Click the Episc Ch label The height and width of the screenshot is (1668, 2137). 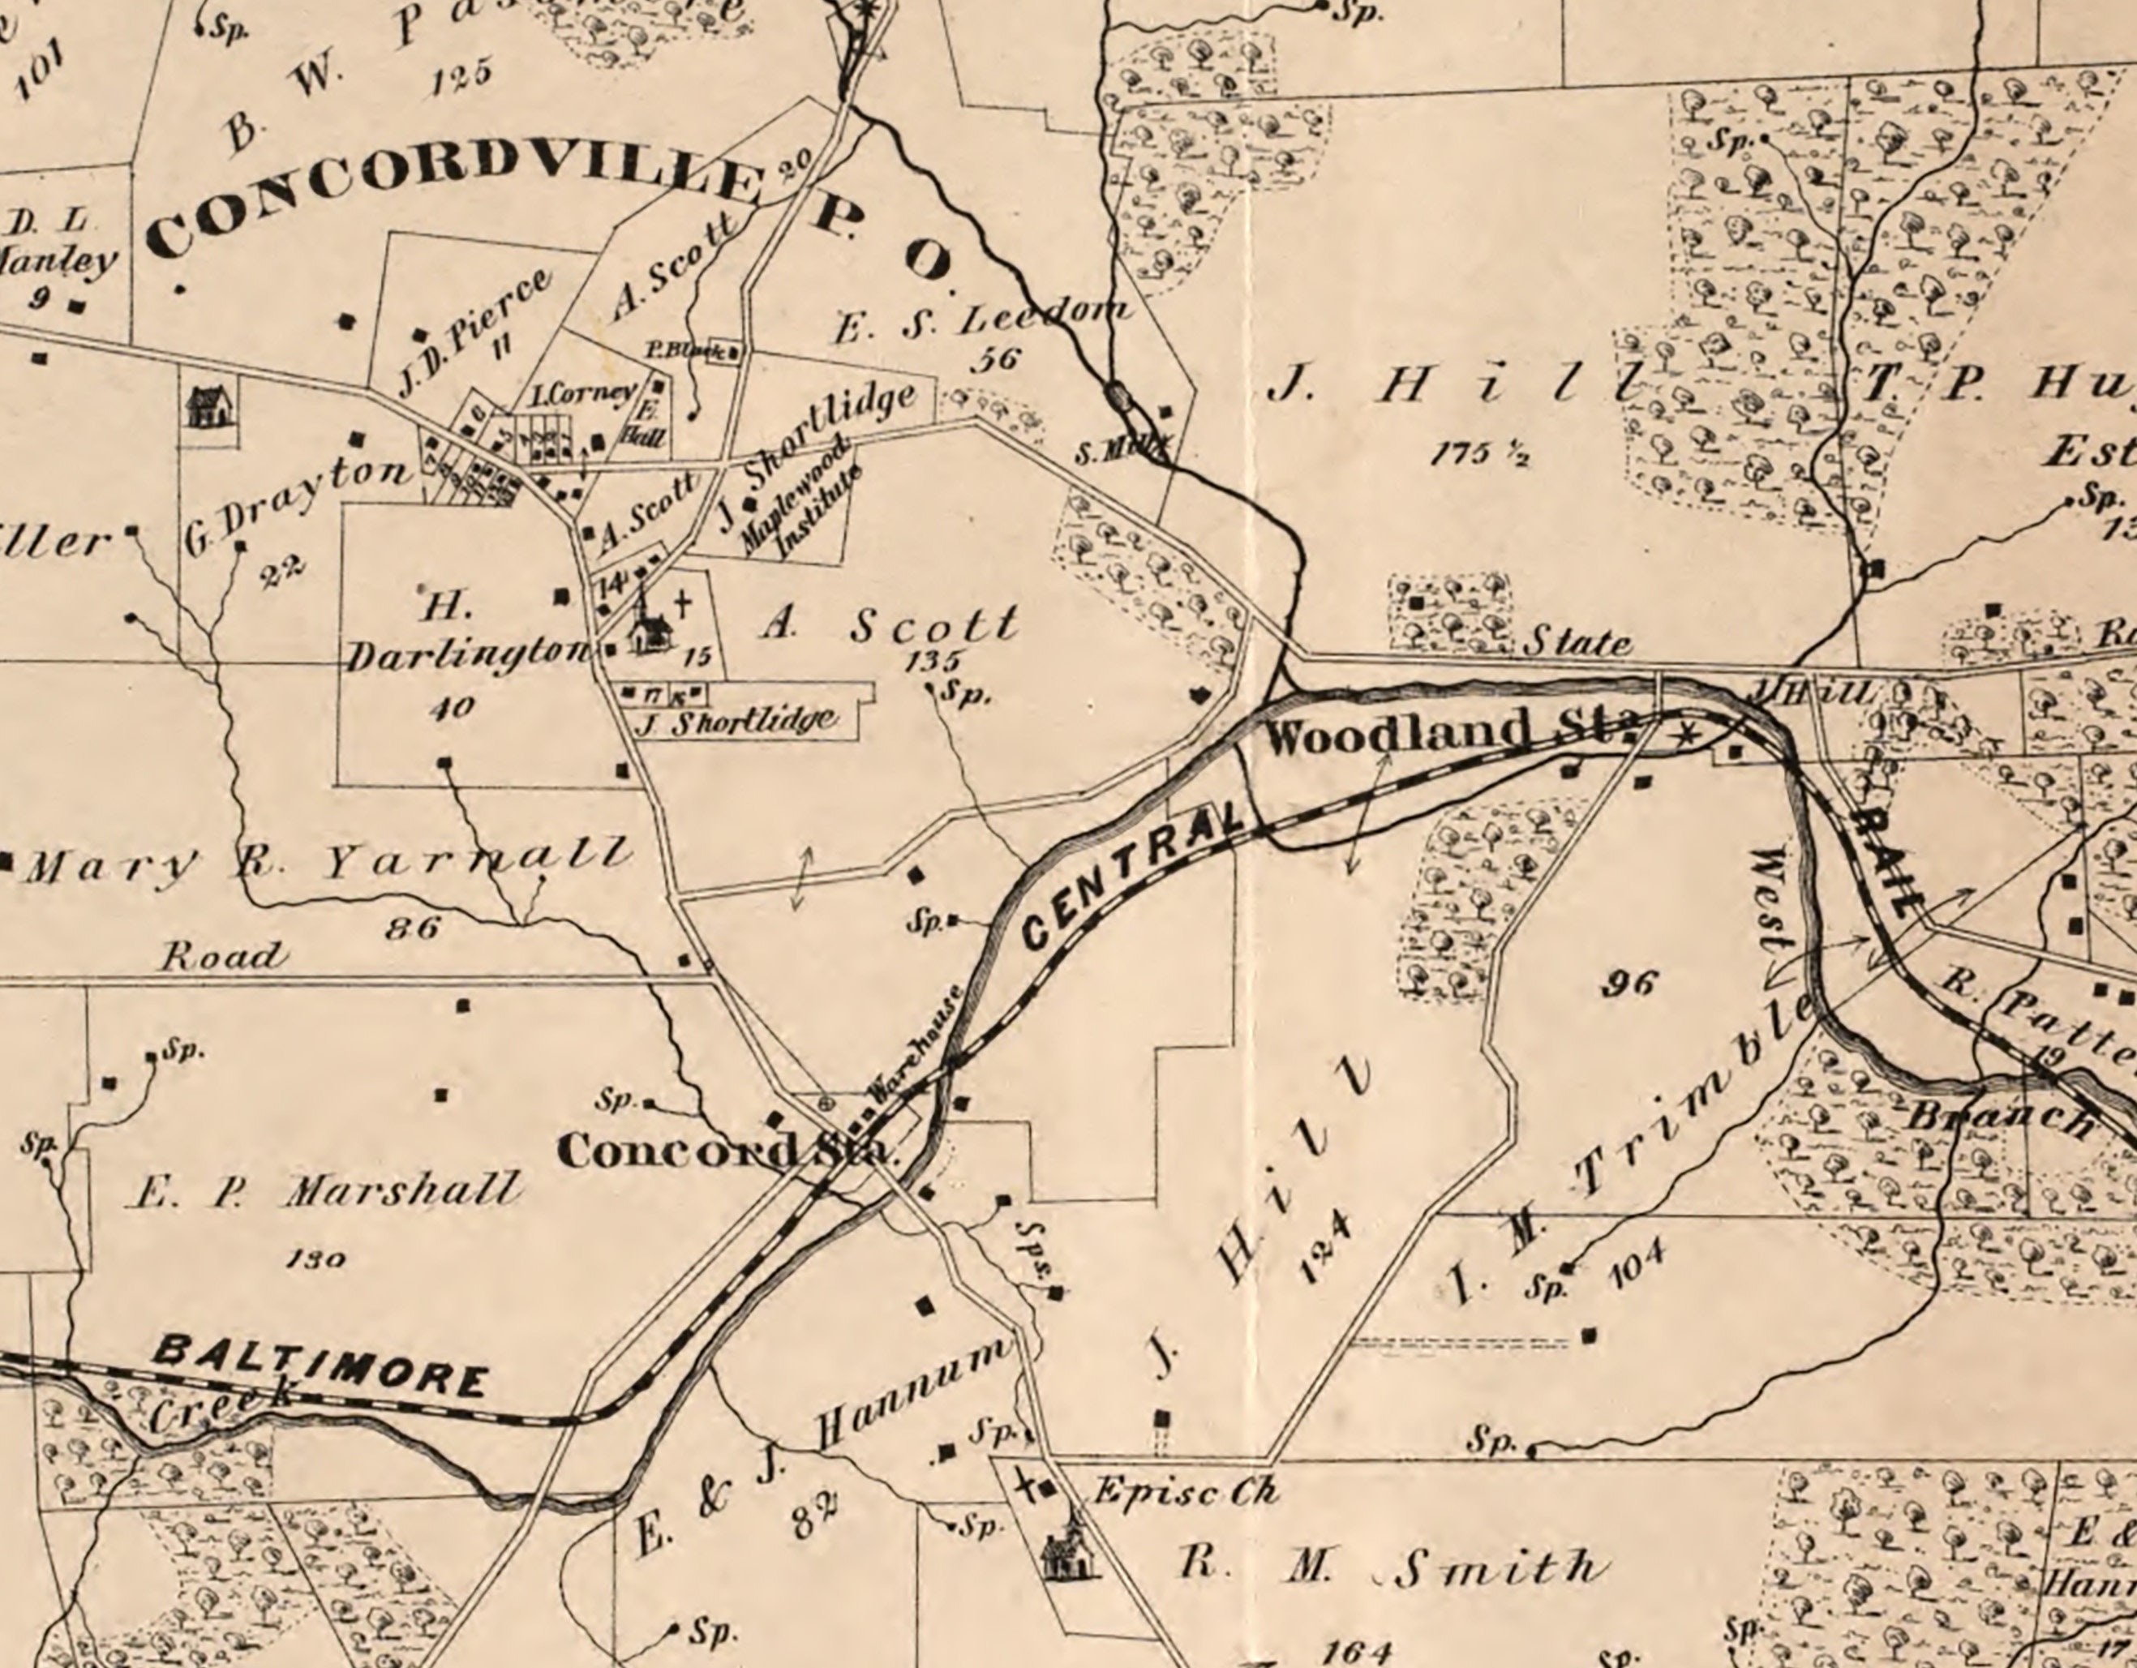click(x=1184, y=1492)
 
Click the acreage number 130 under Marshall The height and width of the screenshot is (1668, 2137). click(x=315, y=1259)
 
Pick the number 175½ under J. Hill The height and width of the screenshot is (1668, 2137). click(x=1478, y=454)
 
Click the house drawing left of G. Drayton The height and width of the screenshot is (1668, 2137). click(x=210, y=406)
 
